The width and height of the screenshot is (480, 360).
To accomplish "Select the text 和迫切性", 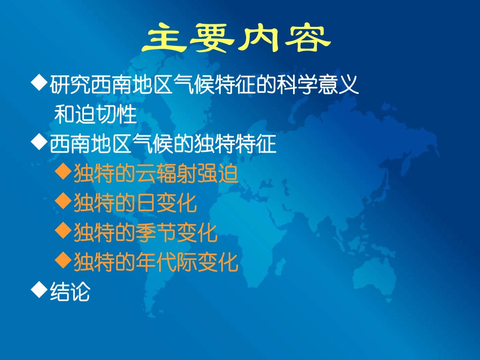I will click(95, 115).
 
